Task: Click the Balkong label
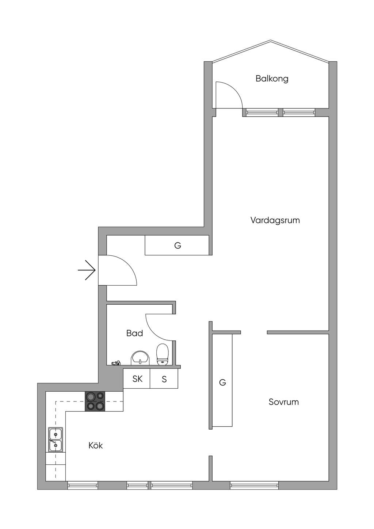pyautogui.click(x=272, y=79)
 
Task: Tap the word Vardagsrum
pyautogui.click(x=275, y=220)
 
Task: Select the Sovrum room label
pyautogui.click(x=283, y=402)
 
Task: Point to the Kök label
pyautogui.click(x=96, y=445)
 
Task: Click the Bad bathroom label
pyautogui.click(x=134, y=333)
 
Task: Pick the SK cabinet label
pyautogui.click(x=137, y=379)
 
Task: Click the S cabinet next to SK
pyautogui.click(x=164, y=379)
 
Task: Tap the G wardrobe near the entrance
pyautogui.click(x=178, y=246)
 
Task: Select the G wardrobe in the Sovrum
pyautogui.click(x=222, y=382)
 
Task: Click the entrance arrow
pyautogui.click(x=87, y=270)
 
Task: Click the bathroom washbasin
pyautogui.click(x=140, y=358)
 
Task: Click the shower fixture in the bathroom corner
pyautogui.click(x=116, y=363)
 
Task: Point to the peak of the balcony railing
pyautogui.click(x=271, y=41)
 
